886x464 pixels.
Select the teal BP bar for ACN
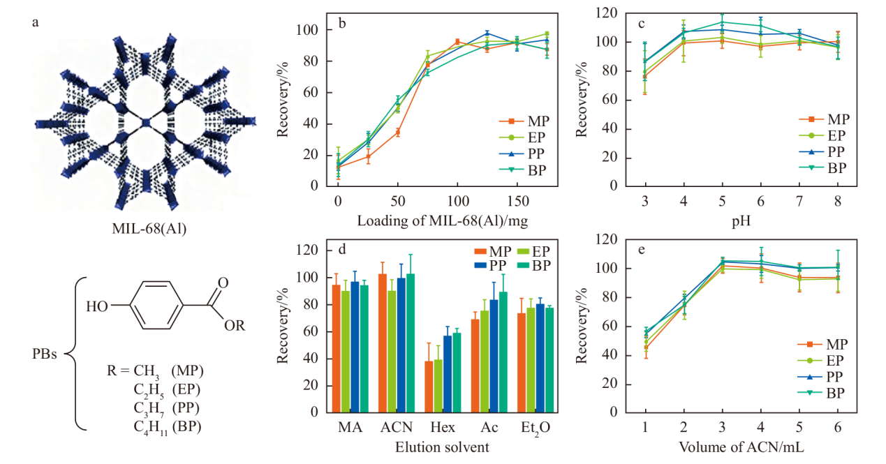click(x=411, y=342)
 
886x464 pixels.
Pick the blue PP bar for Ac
click(x=494, y=355)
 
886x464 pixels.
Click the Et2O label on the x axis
click(x=535, y=428)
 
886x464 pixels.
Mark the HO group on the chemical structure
click(x=98, y=306)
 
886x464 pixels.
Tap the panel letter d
click(x=341, y=249)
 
